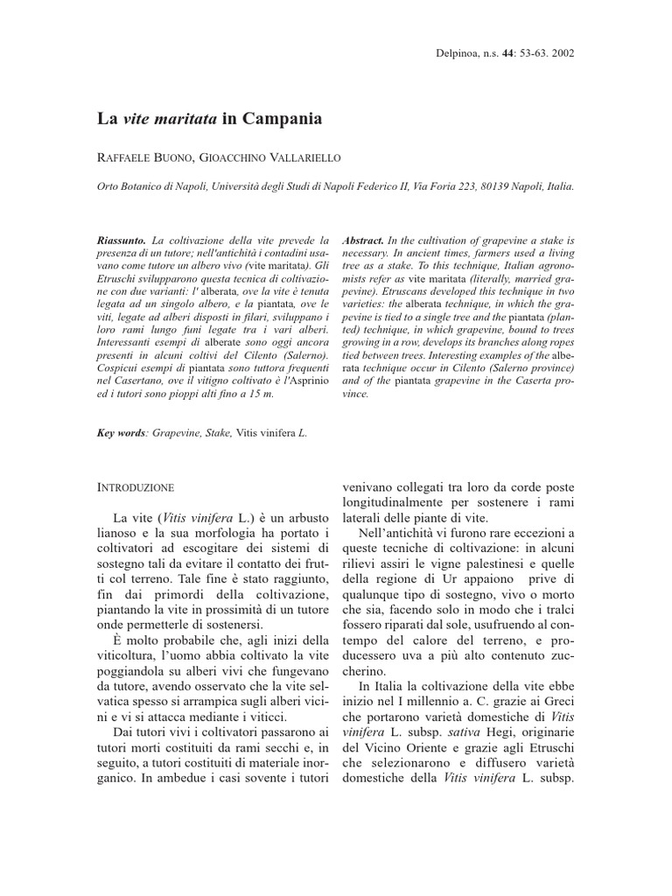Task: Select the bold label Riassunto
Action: coord(122,239)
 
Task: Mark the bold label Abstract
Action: coord(364,239)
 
